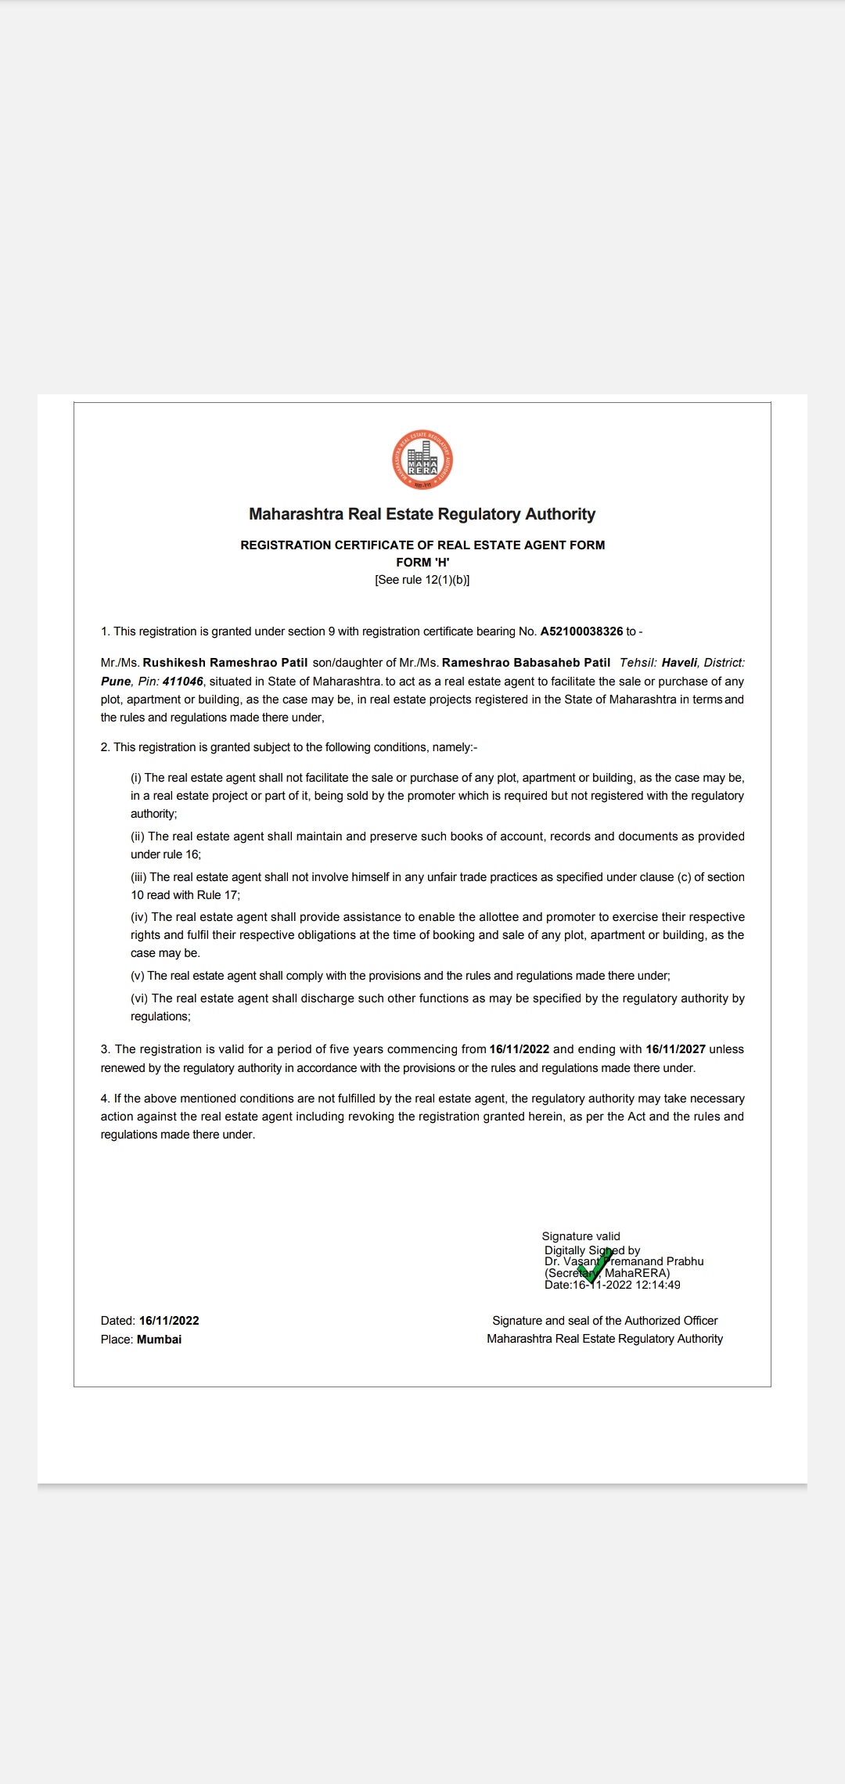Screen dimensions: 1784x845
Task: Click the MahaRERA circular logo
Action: tap(422, 460)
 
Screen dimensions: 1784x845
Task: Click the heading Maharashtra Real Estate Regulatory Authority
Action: tap(422, 514)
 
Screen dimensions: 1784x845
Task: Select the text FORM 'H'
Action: tap(422, 563)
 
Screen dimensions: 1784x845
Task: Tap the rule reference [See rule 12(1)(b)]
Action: tap(422, 580)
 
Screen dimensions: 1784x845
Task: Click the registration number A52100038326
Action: tap(581, 631)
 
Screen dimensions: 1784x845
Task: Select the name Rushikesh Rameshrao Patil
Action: tap(225, 663)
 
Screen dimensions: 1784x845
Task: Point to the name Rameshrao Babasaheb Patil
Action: tap(526, 663)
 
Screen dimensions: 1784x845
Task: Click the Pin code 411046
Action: tap(182, 682)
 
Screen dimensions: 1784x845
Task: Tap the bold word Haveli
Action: tap(679, 663)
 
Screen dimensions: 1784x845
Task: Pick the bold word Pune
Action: tap(116, 682)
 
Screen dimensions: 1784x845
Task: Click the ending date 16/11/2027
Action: tap(675, 1049)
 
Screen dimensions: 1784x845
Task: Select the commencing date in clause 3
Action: tap(519, 1049)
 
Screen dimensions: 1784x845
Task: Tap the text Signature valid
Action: tap(581, 1236)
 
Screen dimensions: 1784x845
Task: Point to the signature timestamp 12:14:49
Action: tap(658, 1285)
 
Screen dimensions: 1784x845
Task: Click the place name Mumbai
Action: tap(159, 1340)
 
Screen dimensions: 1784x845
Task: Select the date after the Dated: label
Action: tap(169, 1321)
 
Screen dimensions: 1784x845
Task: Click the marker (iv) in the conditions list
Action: tap(139, 917)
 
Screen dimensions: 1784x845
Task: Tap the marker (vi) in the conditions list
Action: tap(139, 998)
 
